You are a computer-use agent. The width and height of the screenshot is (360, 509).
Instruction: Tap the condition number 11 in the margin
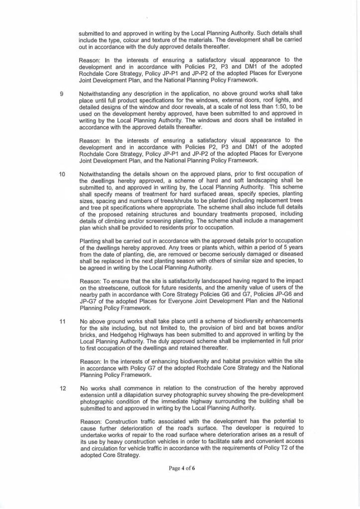[62, 321]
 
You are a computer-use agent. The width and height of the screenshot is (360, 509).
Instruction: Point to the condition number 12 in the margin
[62, 388]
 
